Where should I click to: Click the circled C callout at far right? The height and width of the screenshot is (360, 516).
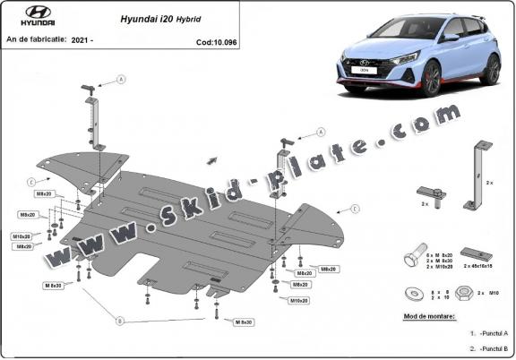(x=355, y=208)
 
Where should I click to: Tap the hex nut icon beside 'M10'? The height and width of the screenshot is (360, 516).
(x=467, y=292)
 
